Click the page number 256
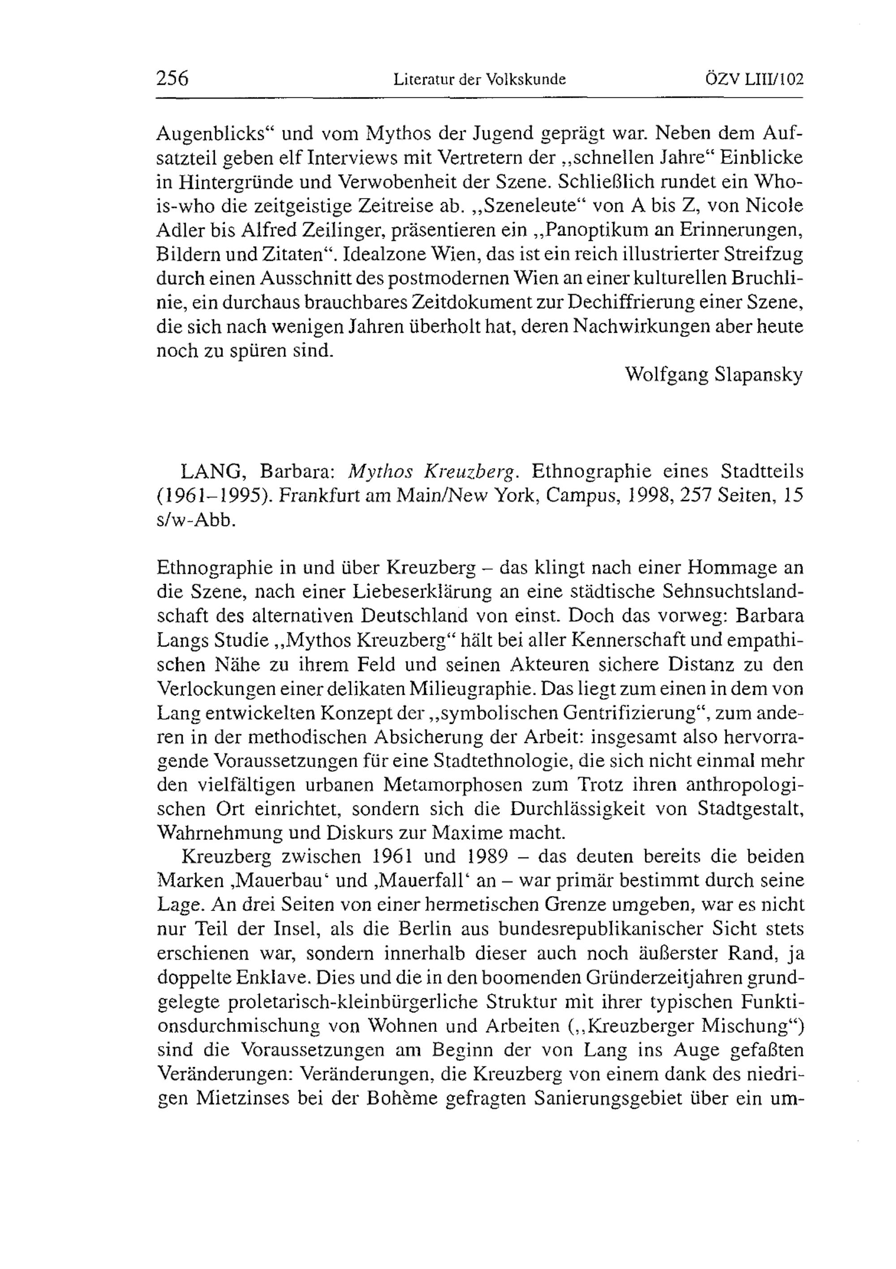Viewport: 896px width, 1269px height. (x=172, y=78)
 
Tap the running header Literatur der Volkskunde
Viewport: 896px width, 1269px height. (x=479, y=80)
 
